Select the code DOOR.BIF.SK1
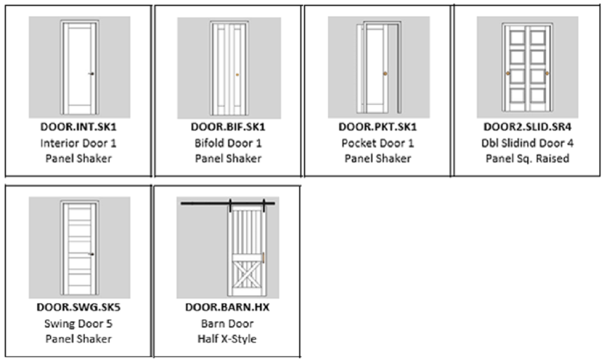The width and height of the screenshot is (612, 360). pos(228,128)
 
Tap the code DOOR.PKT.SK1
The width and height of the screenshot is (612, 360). pos(377,128)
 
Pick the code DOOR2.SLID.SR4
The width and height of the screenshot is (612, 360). pos(527,128)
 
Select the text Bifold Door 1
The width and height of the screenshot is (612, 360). pos(228,143)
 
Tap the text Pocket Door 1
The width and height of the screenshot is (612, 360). pos(377,143)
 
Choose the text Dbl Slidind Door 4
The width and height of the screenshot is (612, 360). pos(527,143)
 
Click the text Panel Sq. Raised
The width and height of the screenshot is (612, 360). pos(527,158)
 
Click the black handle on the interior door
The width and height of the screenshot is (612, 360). pos(91,73)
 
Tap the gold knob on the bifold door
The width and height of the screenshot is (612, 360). pos(238,75)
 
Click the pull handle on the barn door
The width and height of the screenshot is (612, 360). pos(264,258)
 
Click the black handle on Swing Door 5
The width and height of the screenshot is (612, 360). pos(91,254)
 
